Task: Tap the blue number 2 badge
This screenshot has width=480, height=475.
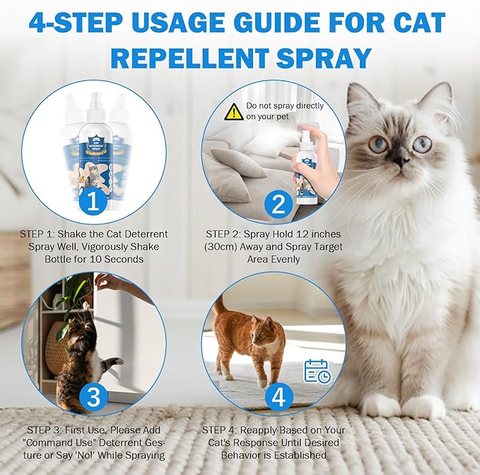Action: pos(278,205)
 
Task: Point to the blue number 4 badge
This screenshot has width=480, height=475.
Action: pos(278,397)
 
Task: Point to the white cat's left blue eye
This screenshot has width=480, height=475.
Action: pos(378,144)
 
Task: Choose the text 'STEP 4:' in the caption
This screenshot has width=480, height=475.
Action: pos(225,430)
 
